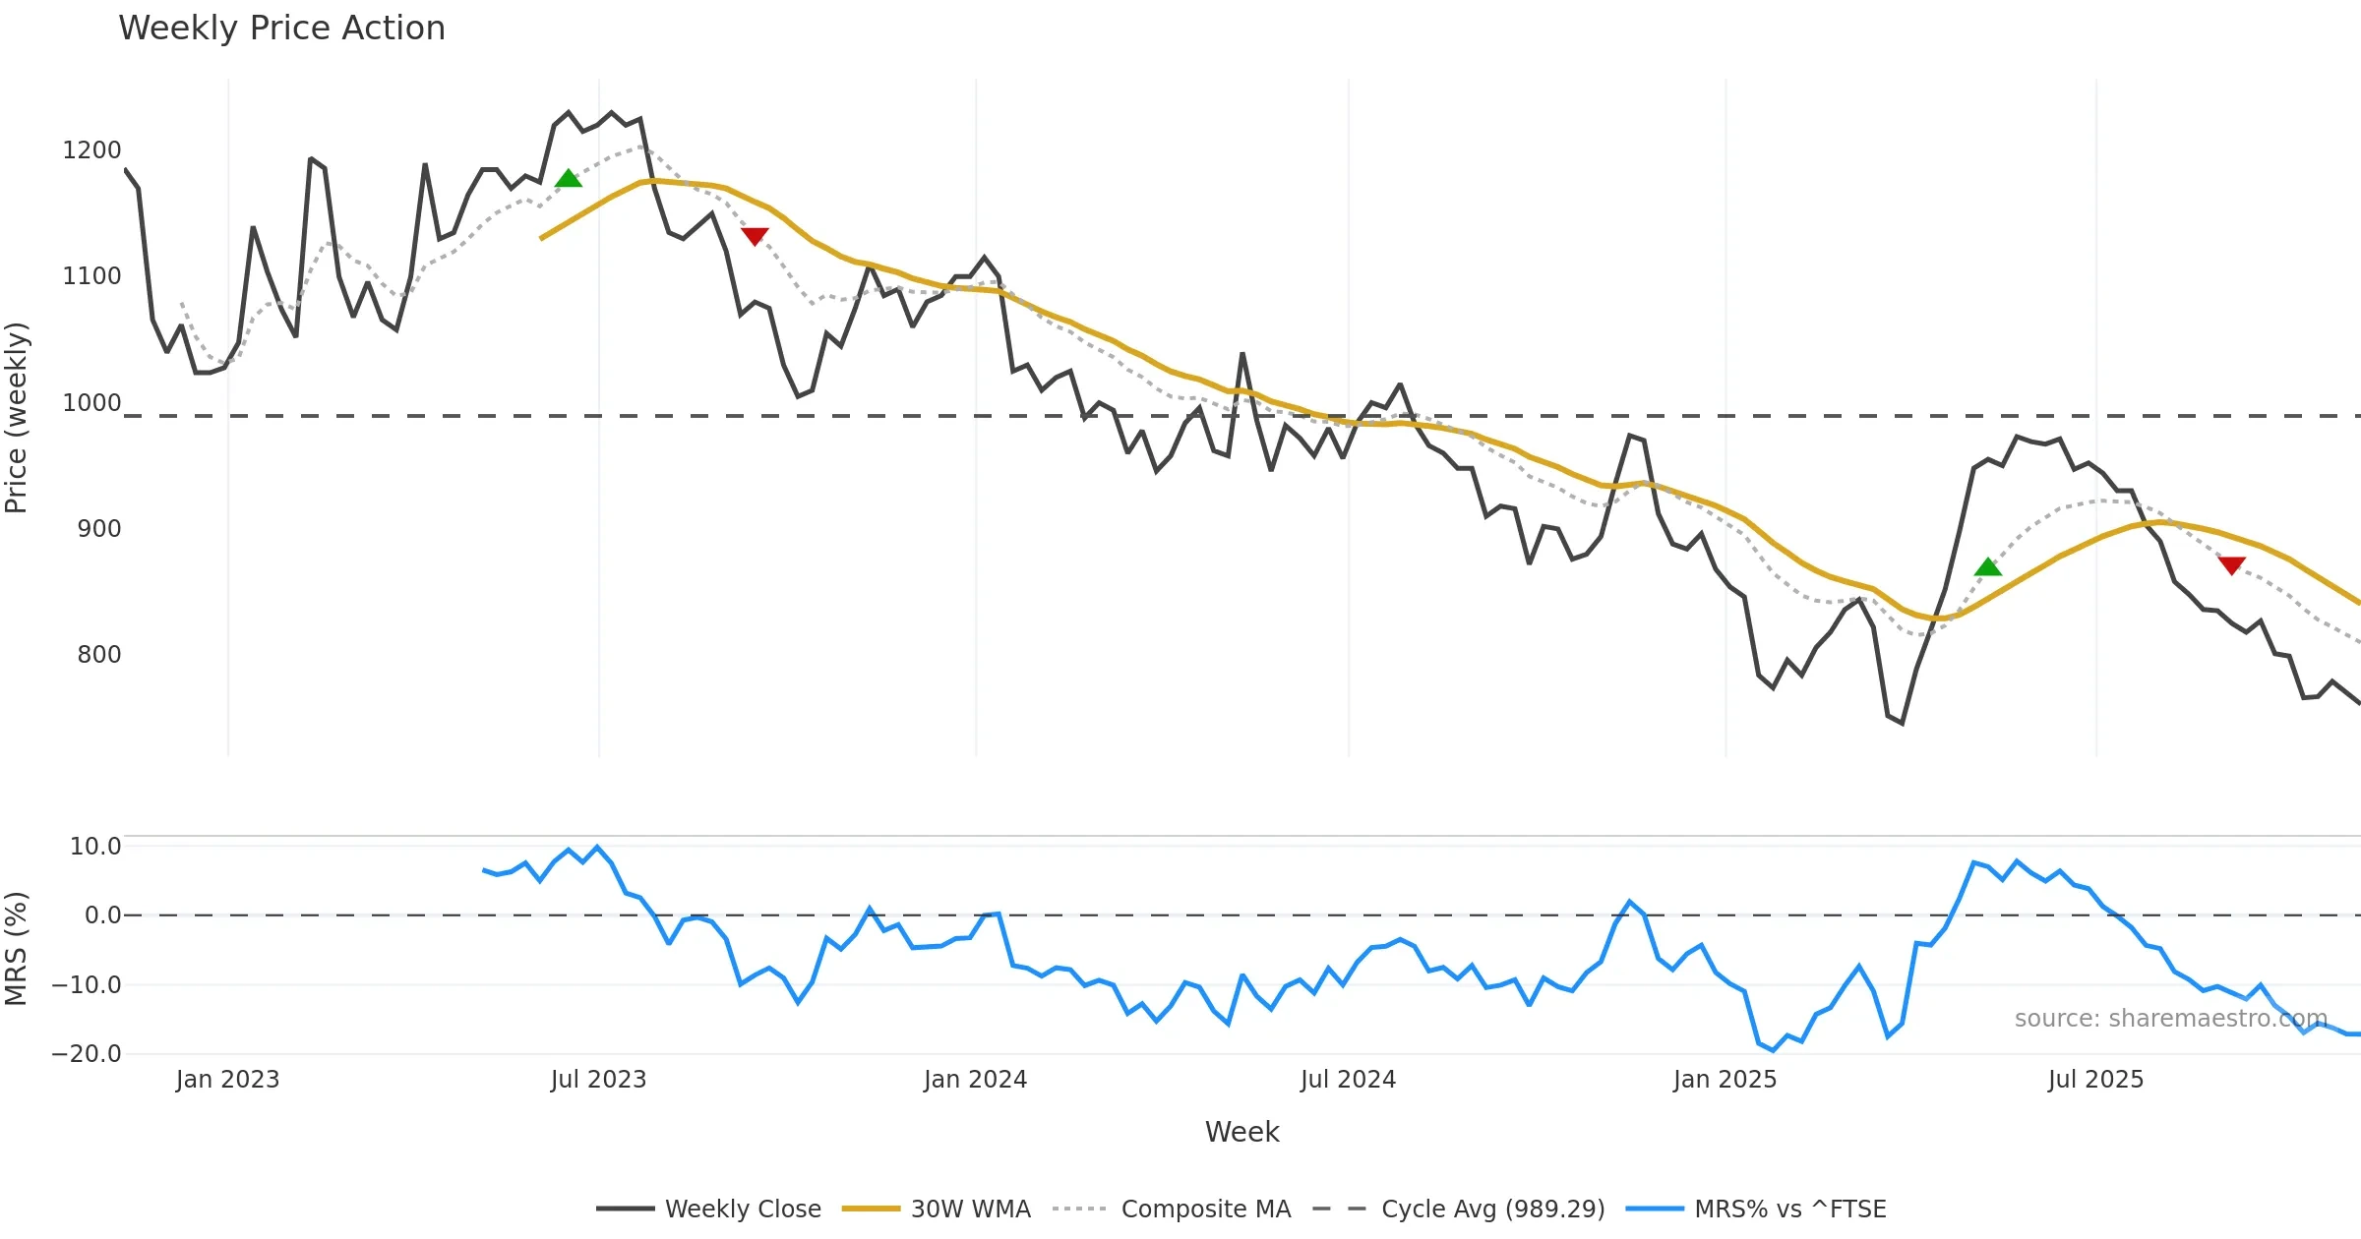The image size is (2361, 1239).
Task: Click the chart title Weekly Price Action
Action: click(x=281, y=29)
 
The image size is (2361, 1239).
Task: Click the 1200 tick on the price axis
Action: click(x=91, y=150)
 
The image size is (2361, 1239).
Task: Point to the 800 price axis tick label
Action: click(x=98, y=655)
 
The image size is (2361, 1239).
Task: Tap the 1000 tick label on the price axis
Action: click(x=91, y=403)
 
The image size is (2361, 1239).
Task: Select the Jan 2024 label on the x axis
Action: click(x=975, y=1080)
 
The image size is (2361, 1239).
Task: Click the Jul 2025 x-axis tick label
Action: click(x=2095, y=1080)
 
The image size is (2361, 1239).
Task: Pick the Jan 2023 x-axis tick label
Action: click(x=227, y=1080)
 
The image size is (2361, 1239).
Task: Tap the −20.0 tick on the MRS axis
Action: click(x=86, y=1054)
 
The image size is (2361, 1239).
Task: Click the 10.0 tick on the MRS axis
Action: click(x=94, y=847)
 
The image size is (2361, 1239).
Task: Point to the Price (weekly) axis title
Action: click(x=17, y=418)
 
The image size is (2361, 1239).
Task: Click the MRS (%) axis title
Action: click(x=17, y=949)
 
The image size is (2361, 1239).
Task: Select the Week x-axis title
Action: click(x=1241, y=1133)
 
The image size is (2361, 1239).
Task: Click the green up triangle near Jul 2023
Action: click(x=569, y=179)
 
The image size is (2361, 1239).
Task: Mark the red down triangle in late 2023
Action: click(x=755, y=236)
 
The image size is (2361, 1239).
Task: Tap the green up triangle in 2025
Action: click(x=1988, y=567)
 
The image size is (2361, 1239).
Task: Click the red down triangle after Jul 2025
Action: click(x=2232, y=564)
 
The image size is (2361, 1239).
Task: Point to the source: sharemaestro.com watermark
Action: click(x=2171, y=1019)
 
